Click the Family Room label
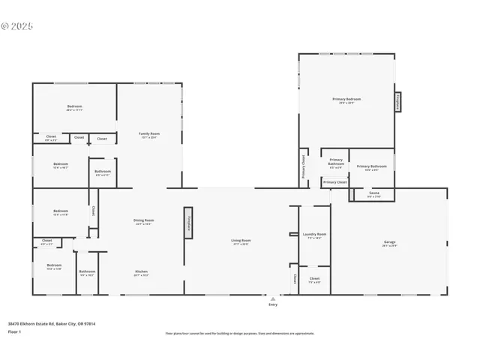tap(149, 134)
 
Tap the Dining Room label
tap(143, 221)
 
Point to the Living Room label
tap(241, 241)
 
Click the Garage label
tap(389, 242)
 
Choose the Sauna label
tap(373, 193)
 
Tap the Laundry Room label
tap(314, 235)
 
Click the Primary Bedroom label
tap(346, 99)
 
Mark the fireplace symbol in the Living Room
tap(187, 223)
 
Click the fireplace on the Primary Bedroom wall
tap(398, 101)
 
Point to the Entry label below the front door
tap(272, 304)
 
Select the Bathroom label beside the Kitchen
tap(87, 271)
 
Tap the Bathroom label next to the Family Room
tap(103, 172)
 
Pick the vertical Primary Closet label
tap(304, 167)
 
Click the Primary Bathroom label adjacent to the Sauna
tap(372, 166)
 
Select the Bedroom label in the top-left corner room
tap(73, 106)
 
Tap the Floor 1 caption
tap(15, 331)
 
